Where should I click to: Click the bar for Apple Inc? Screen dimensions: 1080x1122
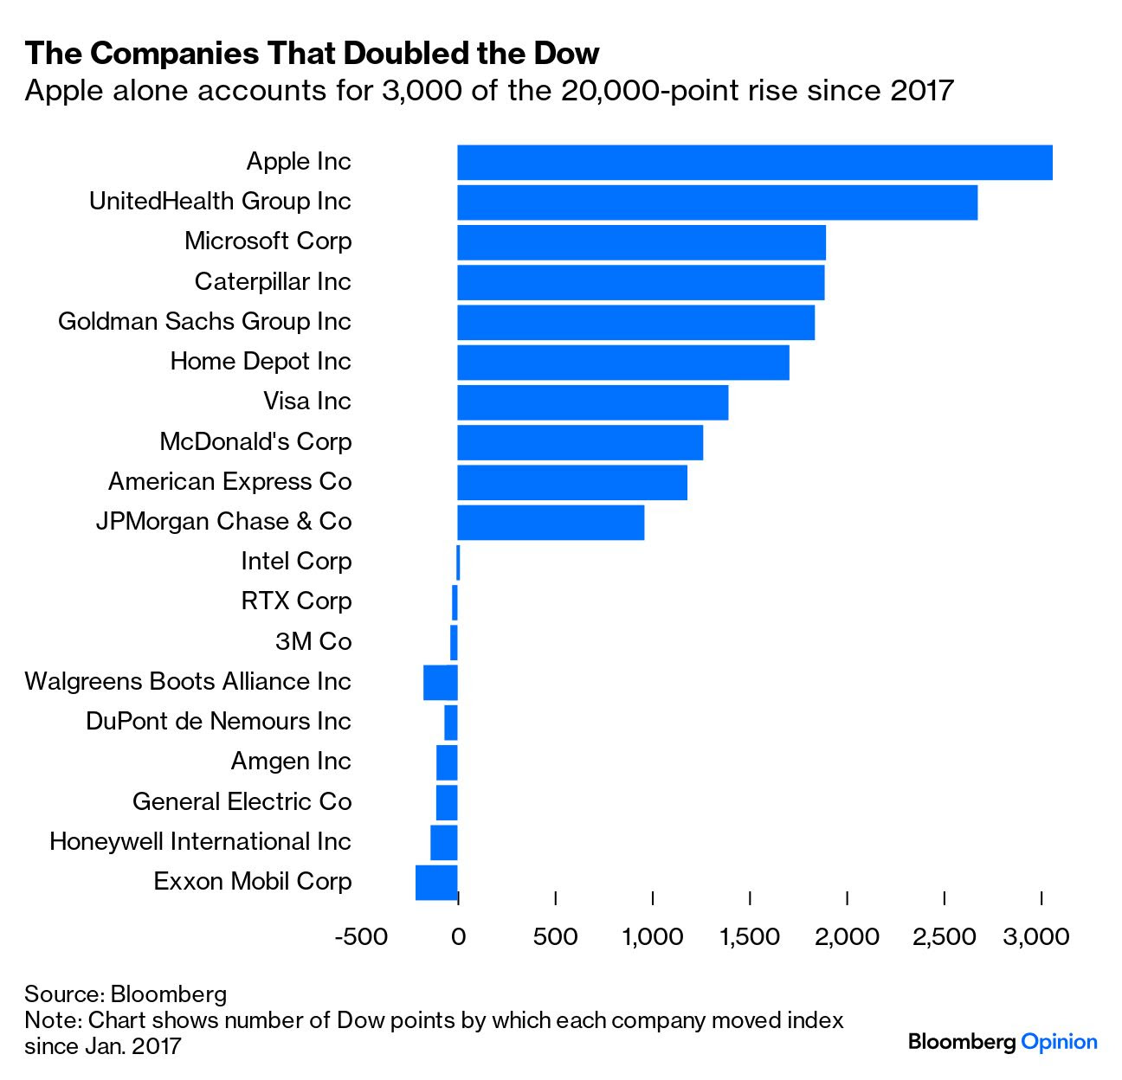click(754, 163)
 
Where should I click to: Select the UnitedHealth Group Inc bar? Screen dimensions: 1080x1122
click(717, 202)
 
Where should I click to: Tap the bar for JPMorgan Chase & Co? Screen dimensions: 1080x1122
click(551, 523)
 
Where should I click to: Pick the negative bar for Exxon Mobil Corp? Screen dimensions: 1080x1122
click(436, 883)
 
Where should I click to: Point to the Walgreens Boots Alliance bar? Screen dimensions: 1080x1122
click(440, 683)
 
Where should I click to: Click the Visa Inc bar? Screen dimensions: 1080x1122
click(592, 402)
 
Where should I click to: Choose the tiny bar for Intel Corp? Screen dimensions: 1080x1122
click(458, 562)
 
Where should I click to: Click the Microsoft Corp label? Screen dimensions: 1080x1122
click(268, 241)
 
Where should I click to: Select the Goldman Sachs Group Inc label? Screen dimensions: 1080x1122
click(204, 321)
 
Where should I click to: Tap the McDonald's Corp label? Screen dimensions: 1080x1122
click(255, 441)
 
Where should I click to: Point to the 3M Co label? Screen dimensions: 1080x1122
click(313, 641)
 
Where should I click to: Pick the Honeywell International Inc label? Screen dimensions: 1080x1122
click(200, 841)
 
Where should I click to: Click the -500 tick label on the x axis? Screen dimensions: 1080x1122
click(360, 936)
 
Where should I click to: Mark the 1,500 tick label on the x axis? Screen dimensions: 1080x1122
click(750, 936)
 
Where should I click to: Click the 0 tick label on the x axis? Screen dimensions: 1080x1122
click(458, 936)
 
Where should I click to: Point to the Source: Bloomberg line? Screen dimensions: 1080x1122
click(126, 993)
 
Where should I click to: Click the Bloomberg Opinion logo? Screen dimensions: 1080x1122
click(1003, 1042)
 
